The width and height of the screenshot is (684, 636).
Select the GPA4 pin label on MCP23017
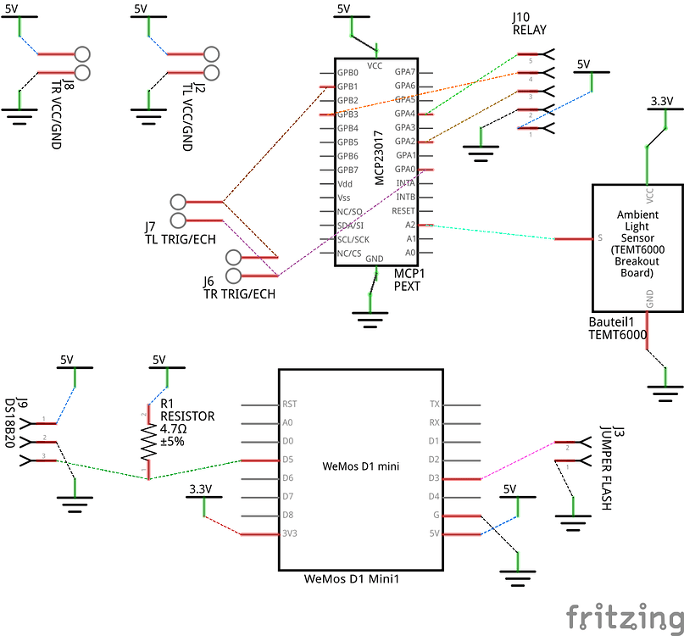pyautogui.click(x=404, y=114)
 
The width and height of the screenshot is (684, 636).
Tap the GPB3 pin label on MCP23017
pyautogui.click(x=348, y=114)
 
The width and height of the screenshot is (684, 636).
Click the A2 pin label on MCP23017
pyautogui.click(x=409, y=226)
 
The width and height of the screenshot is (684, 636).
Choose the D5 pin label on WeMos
pyautogui.click(x=287, y=460)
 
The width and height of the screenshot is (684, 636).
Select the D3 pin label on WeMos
pyautogui.click(x=434, y=479)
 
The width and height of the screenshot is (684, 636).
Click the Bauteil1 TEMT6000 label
pyautogui.click(x=617, y=329)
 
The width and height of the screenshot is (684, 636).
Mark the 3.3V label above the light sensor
pyautogui.click(x=661, y=101)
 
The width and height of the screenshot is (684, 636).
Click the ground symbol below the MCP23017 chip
pyautogui.click(x=370, y=316)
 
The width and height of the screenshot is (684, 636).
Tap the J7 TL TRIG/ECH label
pyautogui.click(x=180, y=233)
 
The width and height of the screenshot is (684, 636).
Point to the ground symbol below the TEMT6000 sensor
pyautogui.click(x=666, y=390)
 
